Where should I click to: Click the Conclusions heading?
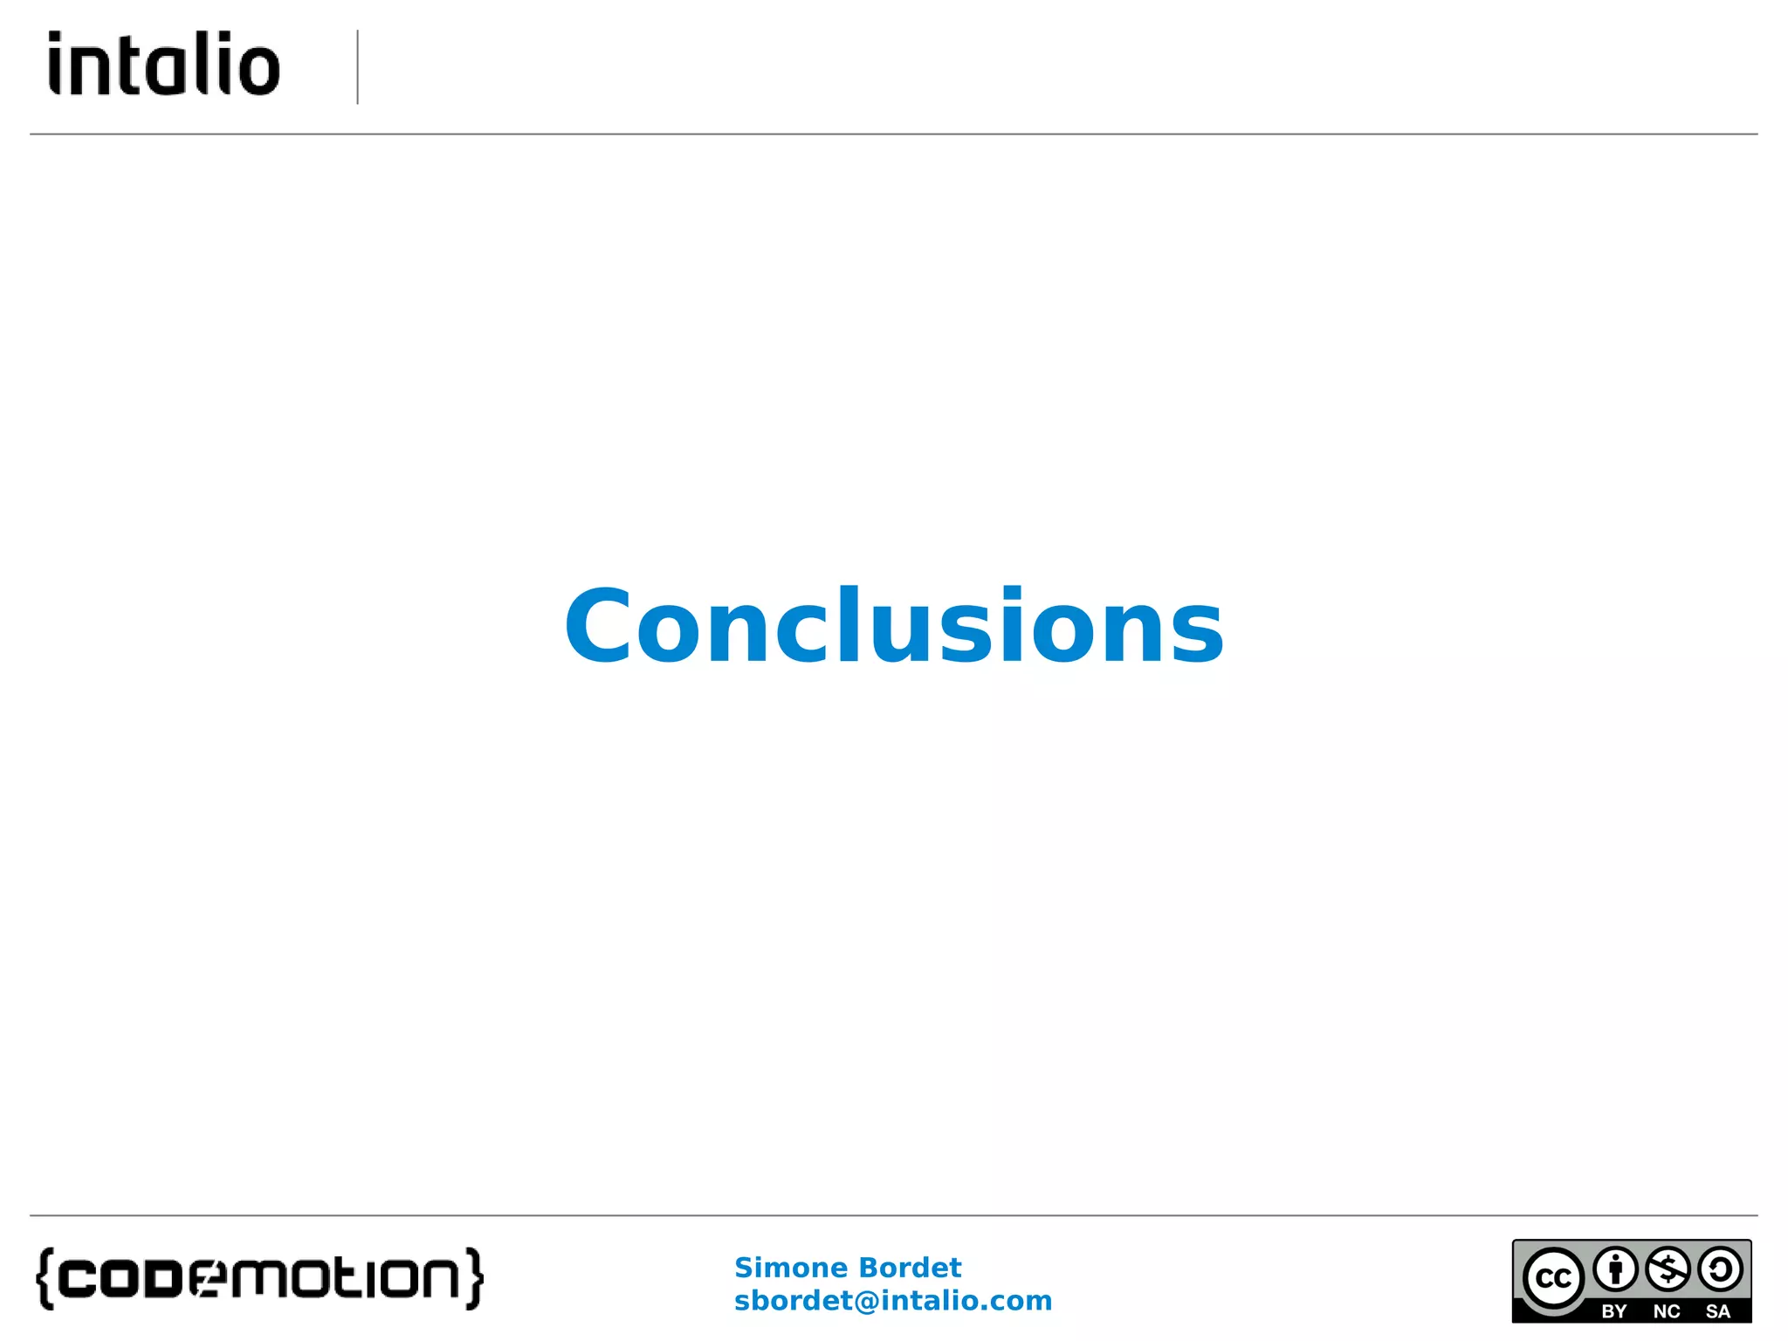point(894,626)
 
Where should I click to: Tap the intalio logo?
point(164,64)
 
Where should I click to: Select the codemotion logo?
point(259,1279)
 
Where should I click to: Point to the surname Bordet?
point(909,1267)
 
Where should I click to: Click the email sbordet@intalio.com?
point(893,1301)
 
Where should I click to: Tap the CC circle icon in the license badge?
point(1553,1278)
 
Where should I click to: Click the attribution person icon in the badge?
point(1615,1269)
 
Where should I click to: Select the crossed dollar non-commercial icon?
point(1668,1269)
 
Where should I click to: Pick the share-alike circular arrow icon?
point(1720,1269)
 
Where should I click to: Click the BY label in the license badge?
point(1614,1311)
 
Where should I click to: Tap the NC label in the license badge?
point(1667,1311)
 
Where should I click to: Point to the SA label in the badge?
point(1718,1311)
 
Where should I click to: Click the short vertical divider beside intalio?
point(357,67)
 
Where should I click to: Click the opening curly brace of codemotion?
point(45,1279)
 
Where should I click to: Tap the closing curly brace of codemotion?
point(474,1279)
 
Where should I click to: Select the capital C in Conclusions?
point(597,626)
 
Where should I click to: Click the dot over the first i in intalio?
point(56,38)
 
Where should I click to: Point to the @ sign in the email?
point(866,1301)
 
